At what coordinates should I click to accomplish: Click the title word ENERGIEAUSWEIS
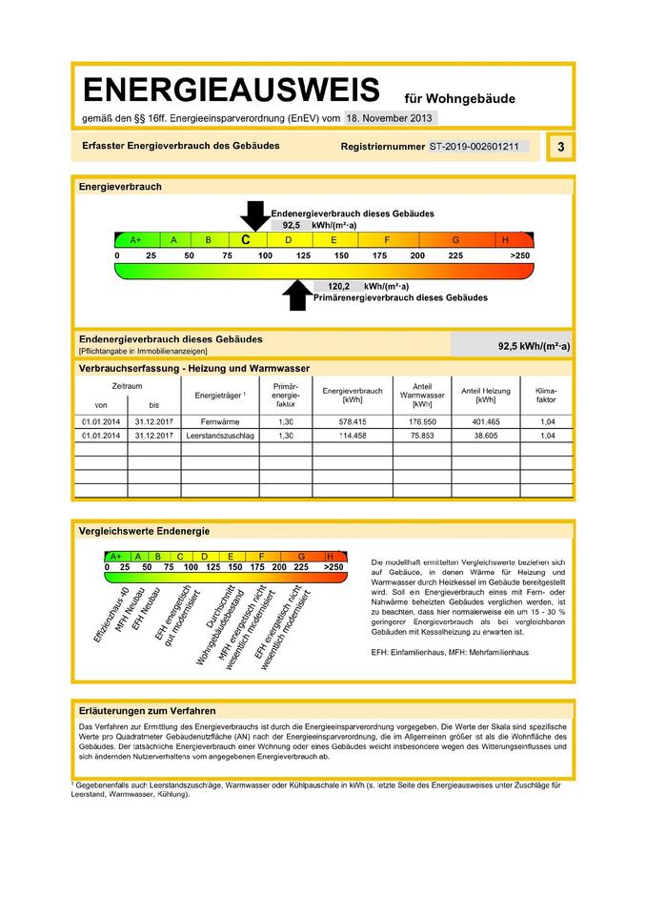click(x=232, y=91)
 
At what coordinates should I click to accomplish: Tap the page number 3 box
click(x=561, y=147)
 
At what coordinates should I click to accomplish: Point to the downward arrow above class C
click(x=253, y=215)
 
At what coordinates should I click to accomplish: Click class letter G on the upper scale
click(x=455, y=240)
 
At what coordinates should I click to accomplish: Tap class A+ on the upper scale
click(x=136, y=240)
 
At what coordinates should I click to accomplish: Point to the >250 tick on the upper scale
click(x=519, y=256)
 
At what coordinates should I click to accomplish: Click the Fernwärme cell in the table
click(x=220, y=420)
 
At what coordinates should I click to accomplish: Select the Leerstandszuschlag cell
click(x=220, y=436)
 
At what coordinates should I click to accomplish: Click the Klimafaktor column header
click(x=546, y=395)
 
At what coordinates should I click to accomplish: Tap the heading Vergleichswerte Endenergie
click(x=144, y=531)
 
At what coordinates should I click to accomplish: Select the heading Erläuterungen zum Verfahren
click(x=147, y=710)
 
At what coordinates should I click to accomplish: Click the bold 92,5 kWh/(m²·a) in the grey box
click(x=534, y=347)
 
